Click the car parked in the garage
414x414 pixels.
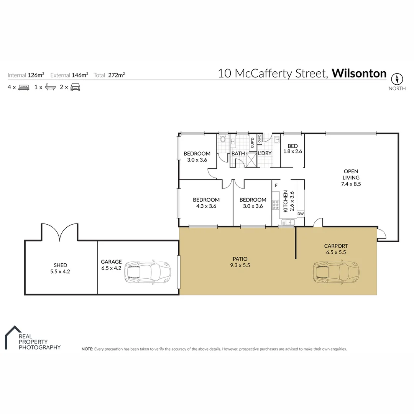click(x=147, y=272)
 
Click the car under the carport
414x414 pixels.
click(x=336, y=272)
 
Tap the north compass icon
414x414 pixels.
click(x=397, y=79)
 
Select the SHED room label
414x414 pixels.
click(x=61, y=268)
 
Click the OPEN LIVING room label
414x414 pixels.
click(x=351, y=177)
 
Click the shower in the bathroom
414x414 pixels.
click(x=251, y=159)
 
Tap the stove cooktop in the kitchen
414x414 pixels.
click(x=275, y=205)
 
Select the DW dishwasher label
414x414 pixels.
click(x=301, y=214)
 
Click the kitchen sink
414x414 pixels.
click(x=288, y=222)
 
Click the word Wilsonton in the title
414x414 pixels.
click(x=359, y=73)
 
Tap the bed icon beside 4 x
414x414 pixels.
click(x=24, y=87)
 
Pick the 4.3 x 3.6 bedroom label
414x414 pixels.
click(x=206, y=203)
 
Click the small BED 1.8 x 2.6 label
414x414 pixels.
click(x=292, y=149)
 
